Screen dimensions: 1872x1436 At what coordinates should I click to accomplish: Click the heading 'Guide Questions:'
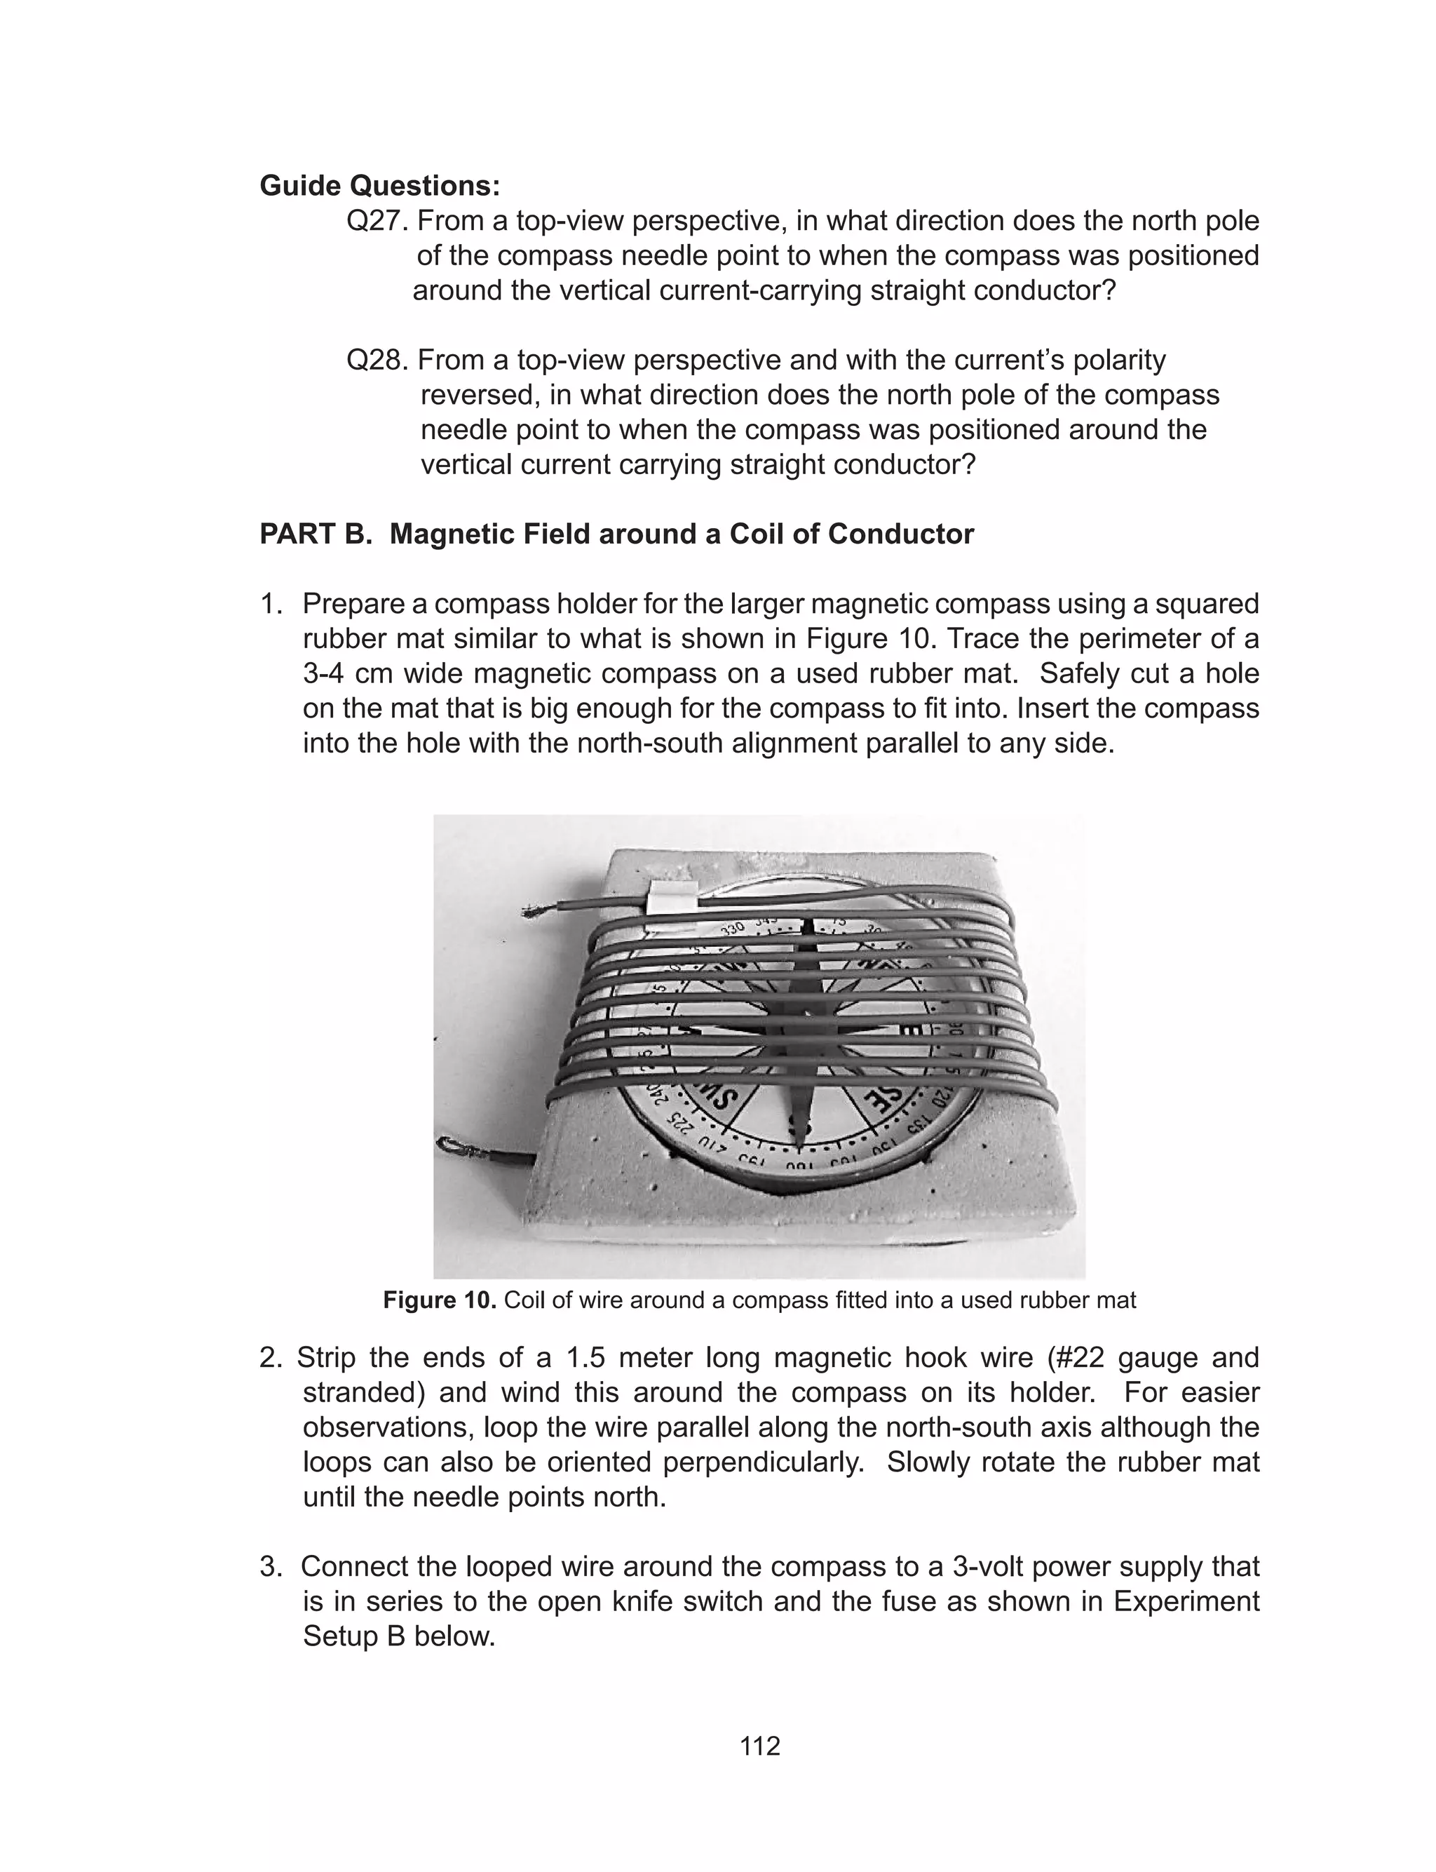[379, 185]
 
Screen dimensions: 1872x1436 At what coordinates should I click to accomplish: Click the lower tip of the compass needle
[799, 1140]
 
